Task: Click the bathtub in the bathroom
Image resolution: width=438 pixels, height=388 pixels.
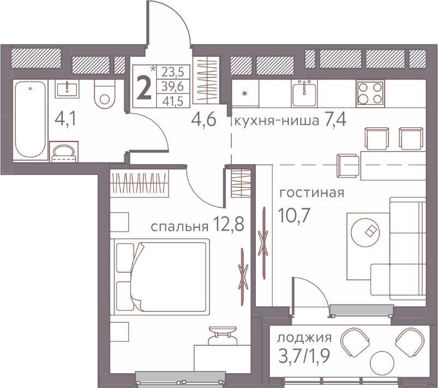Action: coord(30,120)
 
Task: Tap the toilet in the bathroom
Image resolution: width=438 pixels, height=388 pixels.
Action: coord(105,94)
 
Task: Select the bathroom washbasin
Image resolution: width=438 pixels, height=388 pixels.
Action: coord(67,89)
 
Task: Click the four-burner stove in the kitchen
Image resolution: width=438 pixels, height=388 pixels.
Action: coord(370,93)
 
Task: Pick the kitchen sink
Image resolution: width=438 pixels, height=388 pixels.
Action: coord(304,93)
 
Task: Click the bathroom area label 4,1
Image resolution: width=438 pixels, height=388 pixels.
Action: coord(65,120)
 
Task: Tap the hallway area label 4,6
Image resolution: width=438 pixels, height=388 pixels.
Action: coord(203,120)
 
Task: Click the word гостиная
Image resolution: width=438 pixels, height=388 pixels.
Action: coord(312,193)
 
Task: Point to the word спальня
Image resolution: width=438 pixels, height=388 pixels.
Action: coord(179,227)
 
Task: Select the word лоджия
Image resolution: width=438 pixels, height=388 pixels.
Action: coord(304,338)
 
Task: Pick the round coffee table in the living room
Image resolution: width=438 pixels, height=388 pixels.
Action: coord(365,232)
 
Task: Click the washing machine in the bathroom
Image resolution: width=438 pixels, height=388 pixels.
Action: coord(64,152)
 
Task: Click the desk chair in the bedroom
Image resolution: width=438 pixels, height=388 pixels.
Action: coord(223,335)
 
